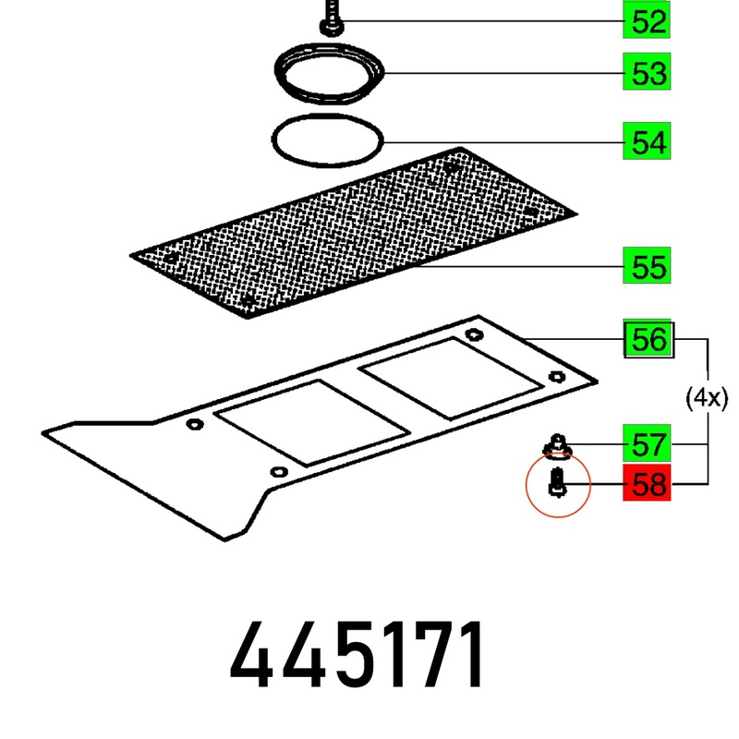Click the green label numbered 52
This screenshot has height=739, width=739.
pyautogui.click(x=646, y=20)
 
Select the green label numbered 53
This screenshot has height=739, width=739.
pyautogui.click(x=646, y=72)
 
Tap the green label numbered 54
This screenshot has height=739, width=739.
pyautogui.click(x=646, y=141)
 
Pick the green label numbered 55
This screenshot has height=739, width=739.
pyautogui.click(x=646, y=265)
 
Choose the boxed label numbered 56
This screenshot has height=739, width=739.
pyautogui.click(x=648, y=339)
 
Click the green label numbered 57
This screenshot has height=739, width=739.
pyautogui.click(x=646, y=443)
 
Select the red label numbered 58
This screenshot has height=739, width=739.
pyautogui.click(x=646, y=482)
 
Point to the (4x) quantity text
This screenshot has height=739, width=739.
pyautogui.click(x=707, y=398)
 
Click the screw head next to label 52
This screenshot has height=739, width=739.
pyautogui.click(x=332, y=27)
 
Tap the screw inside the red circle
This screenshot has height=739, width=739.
pyautogui.click(x=558, y=482)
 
